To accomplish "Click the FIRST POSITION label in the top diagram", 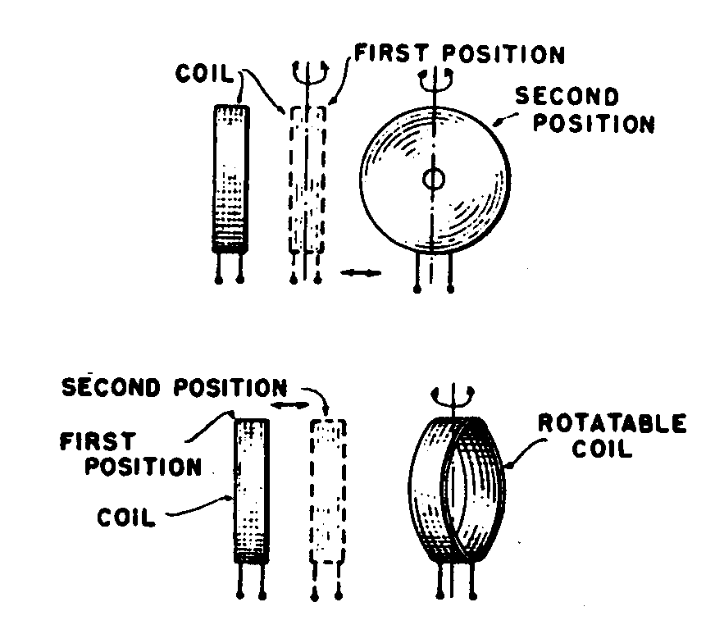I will (x=459, y=55).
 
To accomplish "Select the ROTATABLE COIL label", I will (x=612, y=436).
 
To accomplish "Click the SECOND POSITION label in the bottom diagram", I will (x=175, y=387).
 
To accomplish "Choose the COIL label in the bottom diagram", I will (x=125, y=518).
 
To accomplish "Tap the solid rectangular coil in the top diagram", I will (x=230, y=176).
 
